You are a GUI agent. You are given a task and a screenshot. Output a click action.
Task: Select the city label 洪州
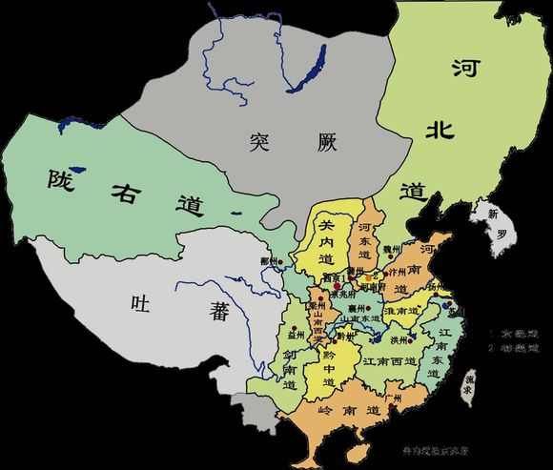point(399,339)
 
